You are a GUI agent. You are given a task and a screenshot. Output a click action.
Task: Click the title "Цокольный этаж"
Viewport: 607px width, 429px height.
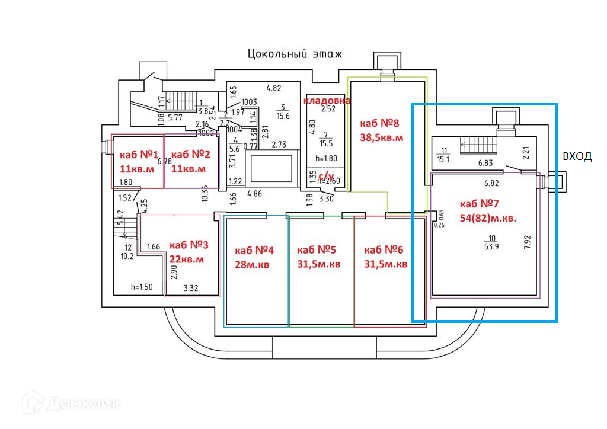pyautogui.click(x=295, y=55)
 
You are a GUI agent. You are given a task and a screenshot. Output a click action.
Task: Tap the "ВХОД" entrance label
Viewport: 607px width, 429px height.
pyautogui.click(x=577, y=156)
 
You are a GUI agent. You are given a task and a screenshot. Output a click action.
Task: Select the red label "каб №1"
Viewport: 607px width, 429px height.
pyautogui.click(x=139, y=155)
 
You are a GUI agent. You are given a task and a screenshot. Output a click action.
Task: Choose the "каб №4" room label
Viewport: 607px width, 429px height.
pyautogui.click(x=253, y=249)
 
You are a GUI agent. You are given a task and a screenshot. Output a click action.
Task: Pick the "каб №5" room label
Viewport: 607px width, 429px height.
pyautogui.click(x=317, y=249)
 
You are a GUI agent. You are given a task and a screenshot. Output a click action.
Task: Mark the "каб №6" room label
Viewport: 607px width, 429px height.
pyautogui.click(x=385, y=249)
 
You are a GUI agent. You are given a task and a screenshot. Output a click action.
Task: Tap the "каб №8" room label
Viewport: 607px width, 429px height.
pyautogui.click(x=380, y=124)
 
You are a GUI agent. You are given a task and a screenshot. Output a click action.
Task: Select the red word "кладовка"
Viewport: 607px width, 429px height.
pyautogui.click(x=328, y=101)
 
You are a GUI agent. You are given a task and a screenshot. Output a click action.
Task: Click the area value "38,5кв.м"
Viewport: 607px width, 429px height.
pyautogui.click(x=382, y=137)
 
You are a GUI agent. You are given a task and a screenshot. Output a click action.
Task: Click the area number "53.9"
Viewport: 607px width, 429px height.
pyautogui.click(x=491, y=246)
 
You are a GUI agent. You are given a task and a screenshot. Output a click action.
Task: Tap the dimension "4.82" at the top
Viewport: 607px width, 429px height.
pyautogui.click(x=273, y=88)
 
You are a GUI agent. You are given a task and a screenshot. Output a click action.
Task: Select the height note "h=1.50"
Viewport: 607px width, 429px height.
pyautogui.click(x=142, y=287)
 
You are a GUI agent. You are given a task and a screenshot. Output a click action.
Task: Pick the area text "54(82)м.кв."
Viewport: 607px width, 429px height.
pyautogui.click(x=488, y=217)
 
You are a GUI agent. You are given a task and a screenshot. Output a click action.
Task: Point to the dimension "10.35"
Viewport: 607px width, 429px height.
pyautogui.click(x=205, y=194)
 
